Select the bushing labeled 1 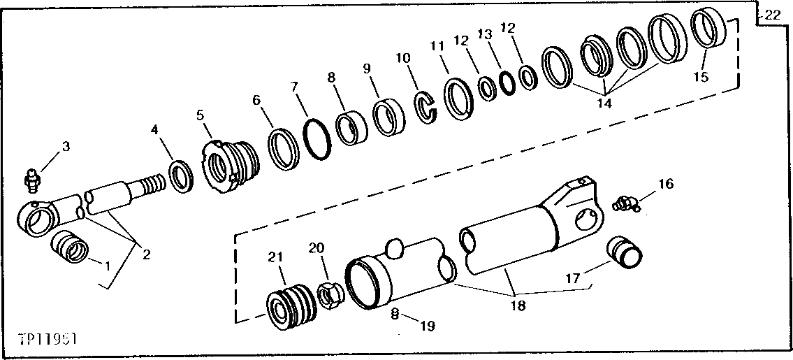tap(71, 246)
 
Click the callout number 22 tap(772, 15)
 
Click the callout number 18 tap(518, 306)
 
